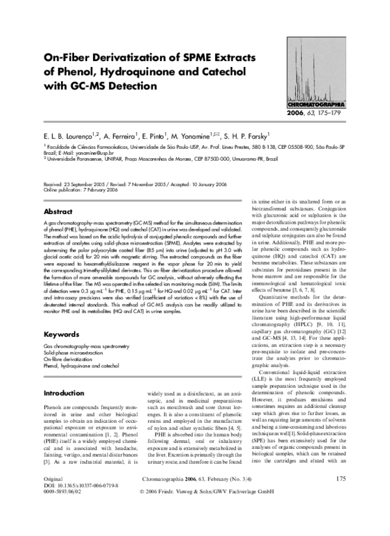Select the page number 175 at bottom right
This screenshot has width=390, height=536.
click(340, 497)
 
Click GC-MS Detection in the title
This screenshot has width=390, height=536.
click(114, 85)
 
